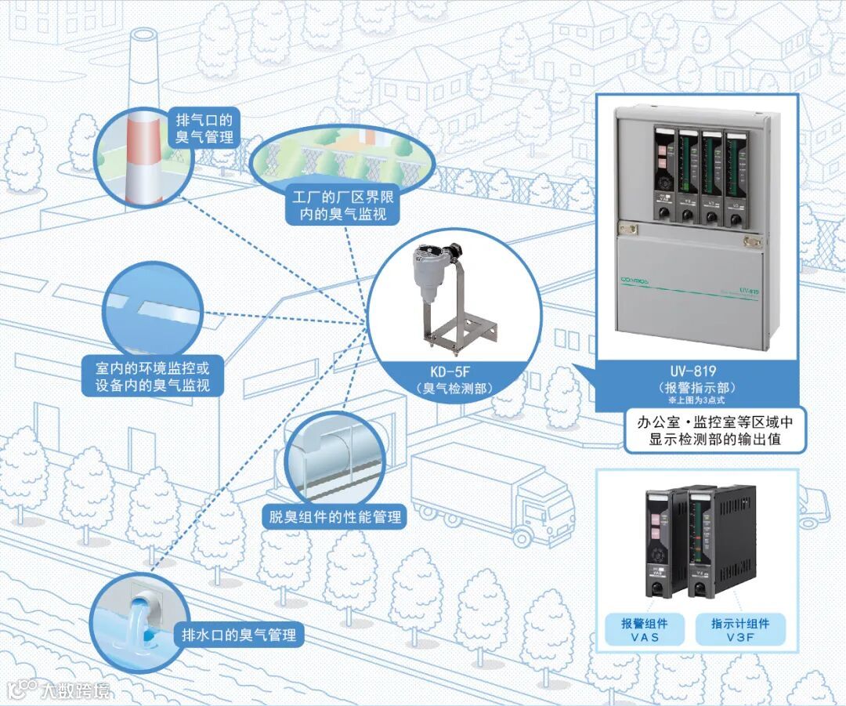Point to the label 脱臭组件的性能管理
point(334,516)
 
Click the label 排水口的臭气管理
point(239,635)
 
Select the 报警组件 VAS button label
point(645,630)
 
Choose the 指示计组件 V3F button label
point(740,630)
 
